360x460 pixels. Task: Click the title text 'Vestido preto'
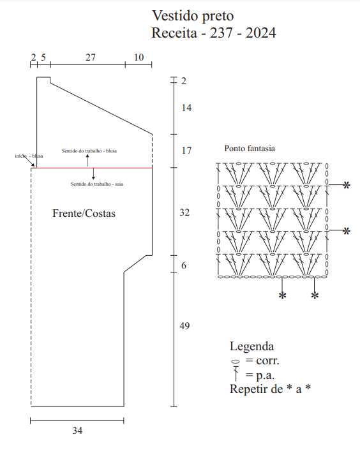coord(193,16)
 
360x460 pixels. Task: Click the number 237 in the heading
coord(222,33)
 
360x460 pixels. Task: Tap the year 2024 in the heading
coord(261,33)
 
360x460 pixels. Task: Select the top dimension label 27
coord(91,57)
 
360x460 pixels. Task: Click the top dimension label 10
coord(139,57)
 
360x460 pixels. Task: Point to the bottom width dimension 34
coord(77,431)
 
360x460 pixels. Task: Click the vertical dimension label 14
coord(186,108)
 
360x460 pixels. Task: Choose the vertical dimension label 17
coord(186,151)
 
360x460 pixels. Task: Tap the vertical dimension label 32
coord(184,212)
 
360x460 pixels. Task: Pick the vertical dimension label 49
coord(184,325)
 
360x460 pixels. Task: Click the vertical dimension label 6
coord(184,265)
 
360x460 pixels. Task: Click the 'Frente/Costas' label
coord(84,213)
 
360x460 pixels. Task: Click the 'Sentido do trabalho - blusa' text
coord(89,151)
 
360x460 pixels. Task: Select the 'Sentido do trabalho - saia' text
coord(97,184)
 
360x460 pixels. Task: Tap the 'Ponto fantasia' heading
coord(250,149)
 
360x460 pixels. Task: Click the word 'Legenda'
coord(251,346)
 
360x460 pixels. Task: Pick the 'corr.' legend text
coord(267,360)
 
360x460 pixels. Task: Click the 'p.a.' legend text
coord(266,375)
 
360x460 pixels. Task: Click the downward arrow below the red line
coord(93,174)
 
